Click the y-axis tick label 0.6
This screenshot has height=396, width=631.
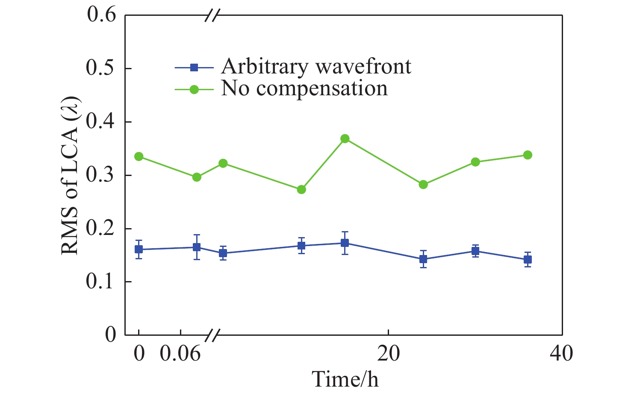pos(101,15)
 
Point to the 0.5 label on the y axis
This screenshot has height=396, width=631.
pos(101,68)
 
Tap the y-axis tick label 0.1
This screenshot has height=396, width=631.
pos(101,282)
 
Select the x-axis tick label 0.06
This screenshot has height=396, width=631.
pos(180,354)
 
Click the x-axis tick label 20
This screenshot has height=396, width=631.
pos(388,354)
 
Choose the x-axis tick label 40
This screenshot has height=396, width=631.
pos(561,354)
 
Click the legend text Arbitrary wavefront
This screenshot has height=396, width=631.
pos(316,67)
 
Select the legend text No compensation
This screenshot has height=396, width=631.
pos(304,89)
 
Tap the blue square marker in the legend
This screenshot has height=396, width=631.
pos(194,67)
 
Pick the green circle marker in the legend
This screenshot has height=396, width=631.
pos(194,89)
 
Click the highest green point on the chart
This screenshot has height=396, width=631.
pos(345,138)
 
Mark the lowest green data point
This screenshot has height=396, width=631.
pos(301,189)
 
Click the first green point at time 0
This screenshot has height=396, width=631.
pos(139,156)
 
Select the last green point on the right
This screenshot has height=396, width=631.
pos(528,155)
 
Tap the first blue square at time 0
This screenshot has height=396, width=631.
pos(139,249)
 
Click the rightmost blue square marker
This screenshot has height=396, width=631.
pos(528,259)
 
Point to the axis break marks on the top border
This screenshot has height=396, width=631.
pos(212,15)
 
